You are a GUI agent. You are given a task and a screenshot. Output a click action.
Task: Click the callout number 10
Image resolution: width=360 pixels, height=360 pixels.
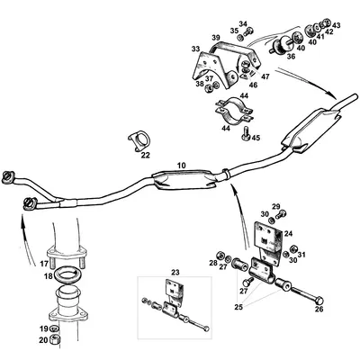(181, 166)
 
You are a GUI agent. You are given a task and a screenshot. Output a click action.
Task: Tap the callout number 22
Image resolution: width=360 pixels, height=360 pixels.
(145, 154)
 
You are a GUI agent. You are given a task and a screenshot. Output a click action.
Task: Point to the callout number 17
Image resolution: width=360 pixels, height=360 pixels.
(43, 264)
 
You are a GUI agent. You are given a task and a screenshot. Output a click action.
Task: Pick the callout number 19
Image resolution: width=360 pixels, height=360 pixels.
(42, 329)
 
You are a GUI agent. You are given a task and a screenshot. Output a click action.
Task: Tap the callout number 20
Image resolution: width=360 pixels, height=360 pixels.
(42, 341)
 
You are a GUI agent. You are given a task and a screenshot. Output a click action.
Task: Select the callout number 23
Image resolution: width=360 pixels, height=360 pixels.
(175, 272)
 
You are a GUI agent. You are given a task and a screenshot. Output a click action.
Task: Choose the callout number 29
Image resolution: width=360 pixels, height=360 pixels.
(276, 207)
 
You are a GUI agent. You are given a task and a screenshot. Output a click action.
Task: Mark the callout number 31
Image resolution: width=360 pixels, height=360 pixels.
(302, 251)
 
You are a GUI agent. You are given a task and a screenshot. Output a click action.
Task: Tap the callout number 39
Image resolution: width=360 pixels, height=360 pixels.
(216, 38)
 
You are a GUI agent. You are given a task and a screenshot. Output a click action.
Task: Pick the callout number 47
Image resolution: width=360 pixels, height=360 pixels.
(265, 78)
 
